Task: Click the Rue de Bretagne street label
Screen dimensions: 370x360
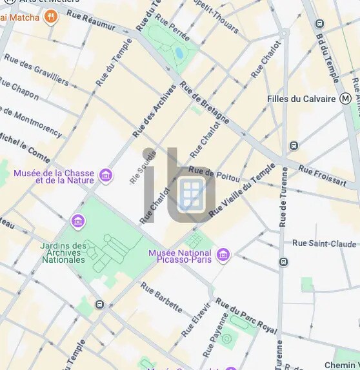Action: pos(205,103)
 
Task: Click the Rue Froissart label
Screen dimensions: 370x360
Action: pos(322,176)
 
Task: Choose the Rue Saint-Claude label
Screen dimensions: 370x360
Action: pos(324,243)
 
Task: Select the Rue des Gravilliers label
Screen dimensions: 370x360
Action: pos(36,68)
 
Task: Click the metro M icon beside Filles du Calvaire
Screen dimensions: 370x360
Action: pos(346,99)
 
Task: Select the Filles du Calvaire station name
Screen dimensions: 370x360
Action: pos(302,99)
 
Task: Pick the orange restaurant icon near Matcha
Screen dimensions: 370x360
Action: pos(51,17)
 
